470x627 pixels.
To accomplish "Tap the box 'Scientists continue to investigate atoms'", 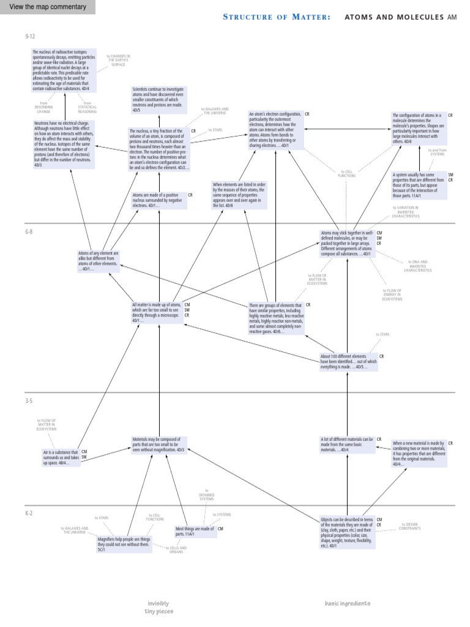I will (x=159, y=100).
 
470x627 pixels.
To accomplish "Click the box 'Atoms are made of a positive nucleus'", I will (x=159, y=200).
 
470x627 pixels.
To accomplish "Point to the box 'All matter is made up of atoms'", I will (x=156, y=312).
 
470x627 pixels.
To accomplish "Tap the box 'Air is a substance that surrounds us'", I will (x=61, y=457).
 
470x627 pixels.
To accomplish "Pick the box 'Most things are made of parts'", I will (x=195, y=531).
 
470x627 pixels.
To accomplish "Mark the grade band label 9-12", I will (x=29, y=37).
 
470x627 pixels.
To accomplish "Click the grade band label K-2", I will (x=29, y=513).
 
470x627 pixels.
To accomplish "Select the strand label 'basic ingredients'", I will (x=347, y=603).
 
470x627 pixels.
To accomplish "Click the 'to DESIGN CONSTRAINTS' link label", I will (x=411, y=526).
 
